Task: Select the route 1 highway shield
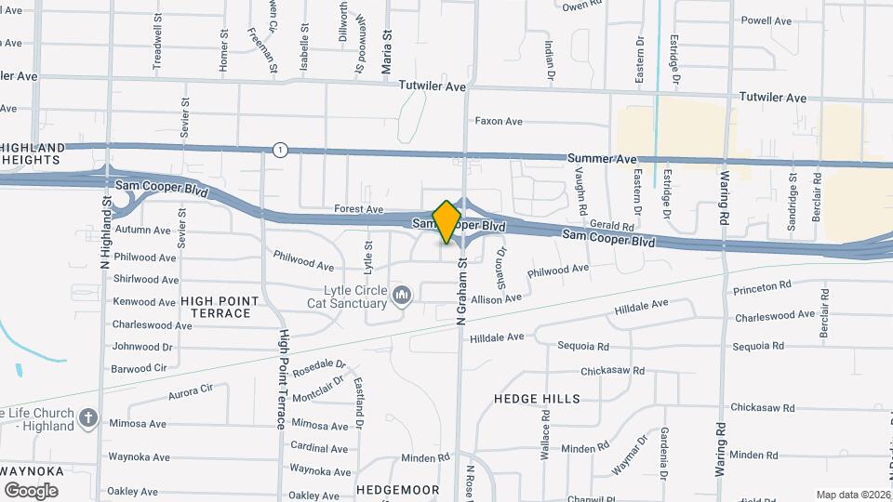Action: click(280, 150)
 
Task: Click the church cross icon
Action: click(88, 418)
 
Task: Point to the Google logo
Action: click(31, 491)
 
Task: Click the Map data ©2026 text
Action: click(852, 495)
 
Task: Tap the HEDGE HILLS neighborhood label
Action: click(537, 399)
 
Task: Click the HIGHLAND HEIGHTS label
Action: click(33, 153)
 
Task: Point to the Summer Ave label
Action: click(602, 160)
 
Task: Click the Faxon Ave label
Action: click(499, 121)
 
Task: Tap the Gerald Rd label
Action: click(611, 226)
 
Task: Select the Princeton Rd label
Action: click(762, 287)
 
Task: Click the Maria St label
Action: click(388, 52)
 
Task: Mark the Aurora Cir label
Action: click(192, 392)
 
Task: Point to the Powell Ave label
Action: click(766, 20)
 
